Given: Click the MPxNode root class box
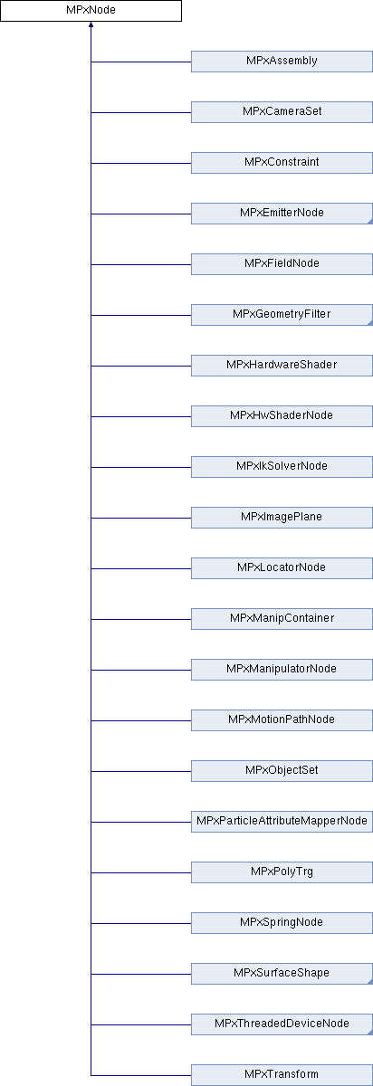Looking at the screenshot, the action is coord(91,11).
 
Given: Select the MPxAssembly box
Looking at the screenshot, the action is coord(282,62).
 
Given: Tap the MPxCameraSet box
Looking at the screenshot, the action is coord(282,112).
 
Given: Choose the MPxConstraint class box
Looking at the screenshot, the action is coord(282,163).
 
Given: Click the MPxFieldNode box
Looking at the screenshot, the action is coord(282,264).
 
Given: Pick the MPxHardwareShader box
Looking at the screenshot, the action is coord(282,366).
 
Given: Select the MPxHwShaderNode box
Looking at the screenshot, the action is coord(282,416).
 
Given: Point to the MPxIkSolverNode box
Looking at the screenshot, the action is coord(282,467).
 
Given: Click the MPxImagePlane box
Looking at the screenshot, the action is coord(282,518).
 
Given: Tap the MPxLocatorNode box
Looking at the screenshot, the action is coord(282,568).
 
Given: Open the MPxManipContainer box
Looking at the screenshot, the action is coord(282,619).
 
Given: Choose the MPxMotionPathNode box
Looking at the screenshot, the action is coord(282,720).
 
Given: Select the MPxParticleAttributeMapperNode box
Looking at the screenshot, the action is coord(282,822).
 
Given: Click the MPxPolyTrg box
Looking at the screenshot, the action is coord(282,872).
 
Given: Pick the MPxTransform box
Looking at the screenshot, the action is coord(282,1075).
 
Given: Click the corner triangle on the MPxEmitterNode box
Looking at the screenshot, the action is coord(370,222).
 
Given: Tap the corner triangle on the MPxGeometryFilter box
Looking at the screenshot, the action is coord(370,323).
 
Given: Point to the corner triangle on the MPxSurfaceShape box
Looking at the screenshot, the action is coord(370,982).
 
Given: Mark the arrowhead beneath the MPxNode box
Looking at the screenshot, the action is coord(91,24).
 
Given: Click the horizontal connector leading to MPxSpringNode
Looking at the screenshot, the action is coord(141,923).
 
